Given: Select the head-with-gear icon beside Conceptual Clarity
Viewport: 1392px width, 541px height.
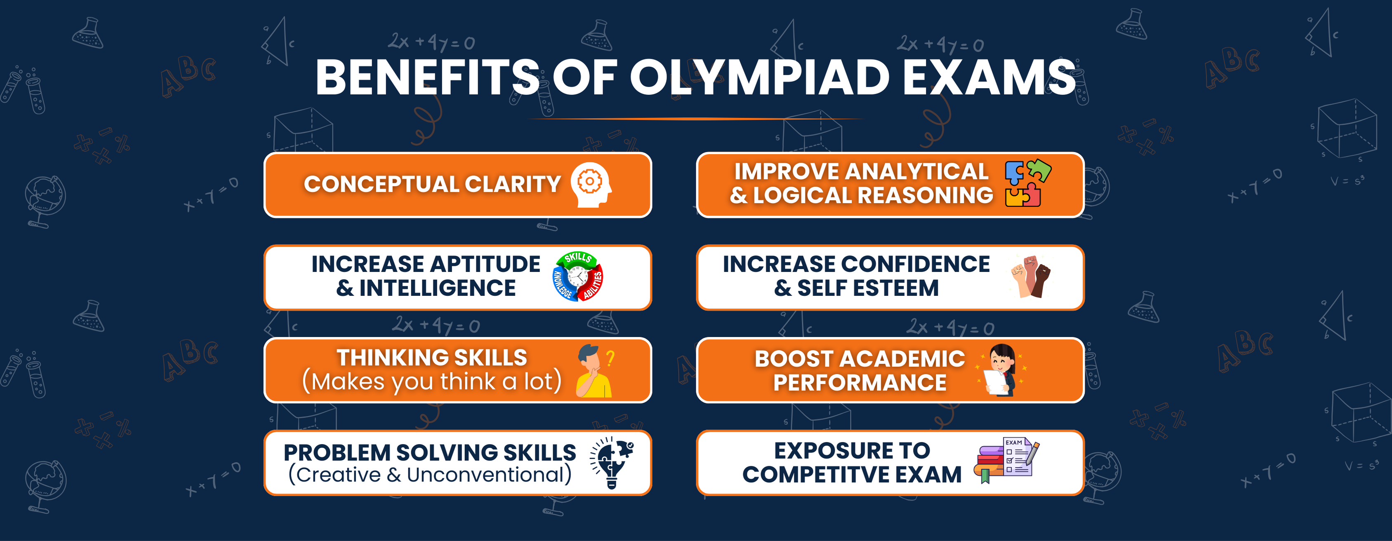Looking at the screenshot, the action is pyautogui.click(x=591, y=185).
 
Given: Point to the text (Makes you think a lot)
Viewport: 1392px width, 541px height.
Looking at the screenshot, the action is pyautogui.click(x=432, y=382).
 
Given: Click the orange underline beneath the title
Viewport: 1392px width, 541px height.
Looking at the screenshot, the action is pyautogui.click(x=695, y=119).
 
